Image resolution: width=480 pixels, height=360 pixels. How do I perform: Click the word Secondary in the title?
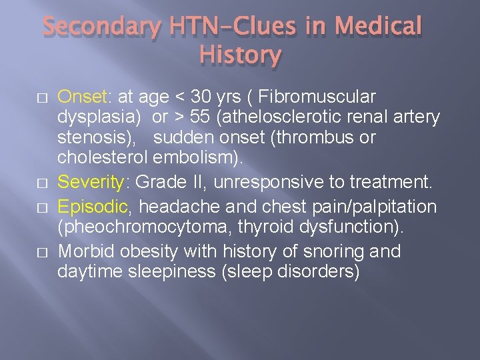point(101,27)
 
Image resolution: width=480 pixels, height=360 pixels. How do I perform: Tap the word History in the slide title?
point(240,55)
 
